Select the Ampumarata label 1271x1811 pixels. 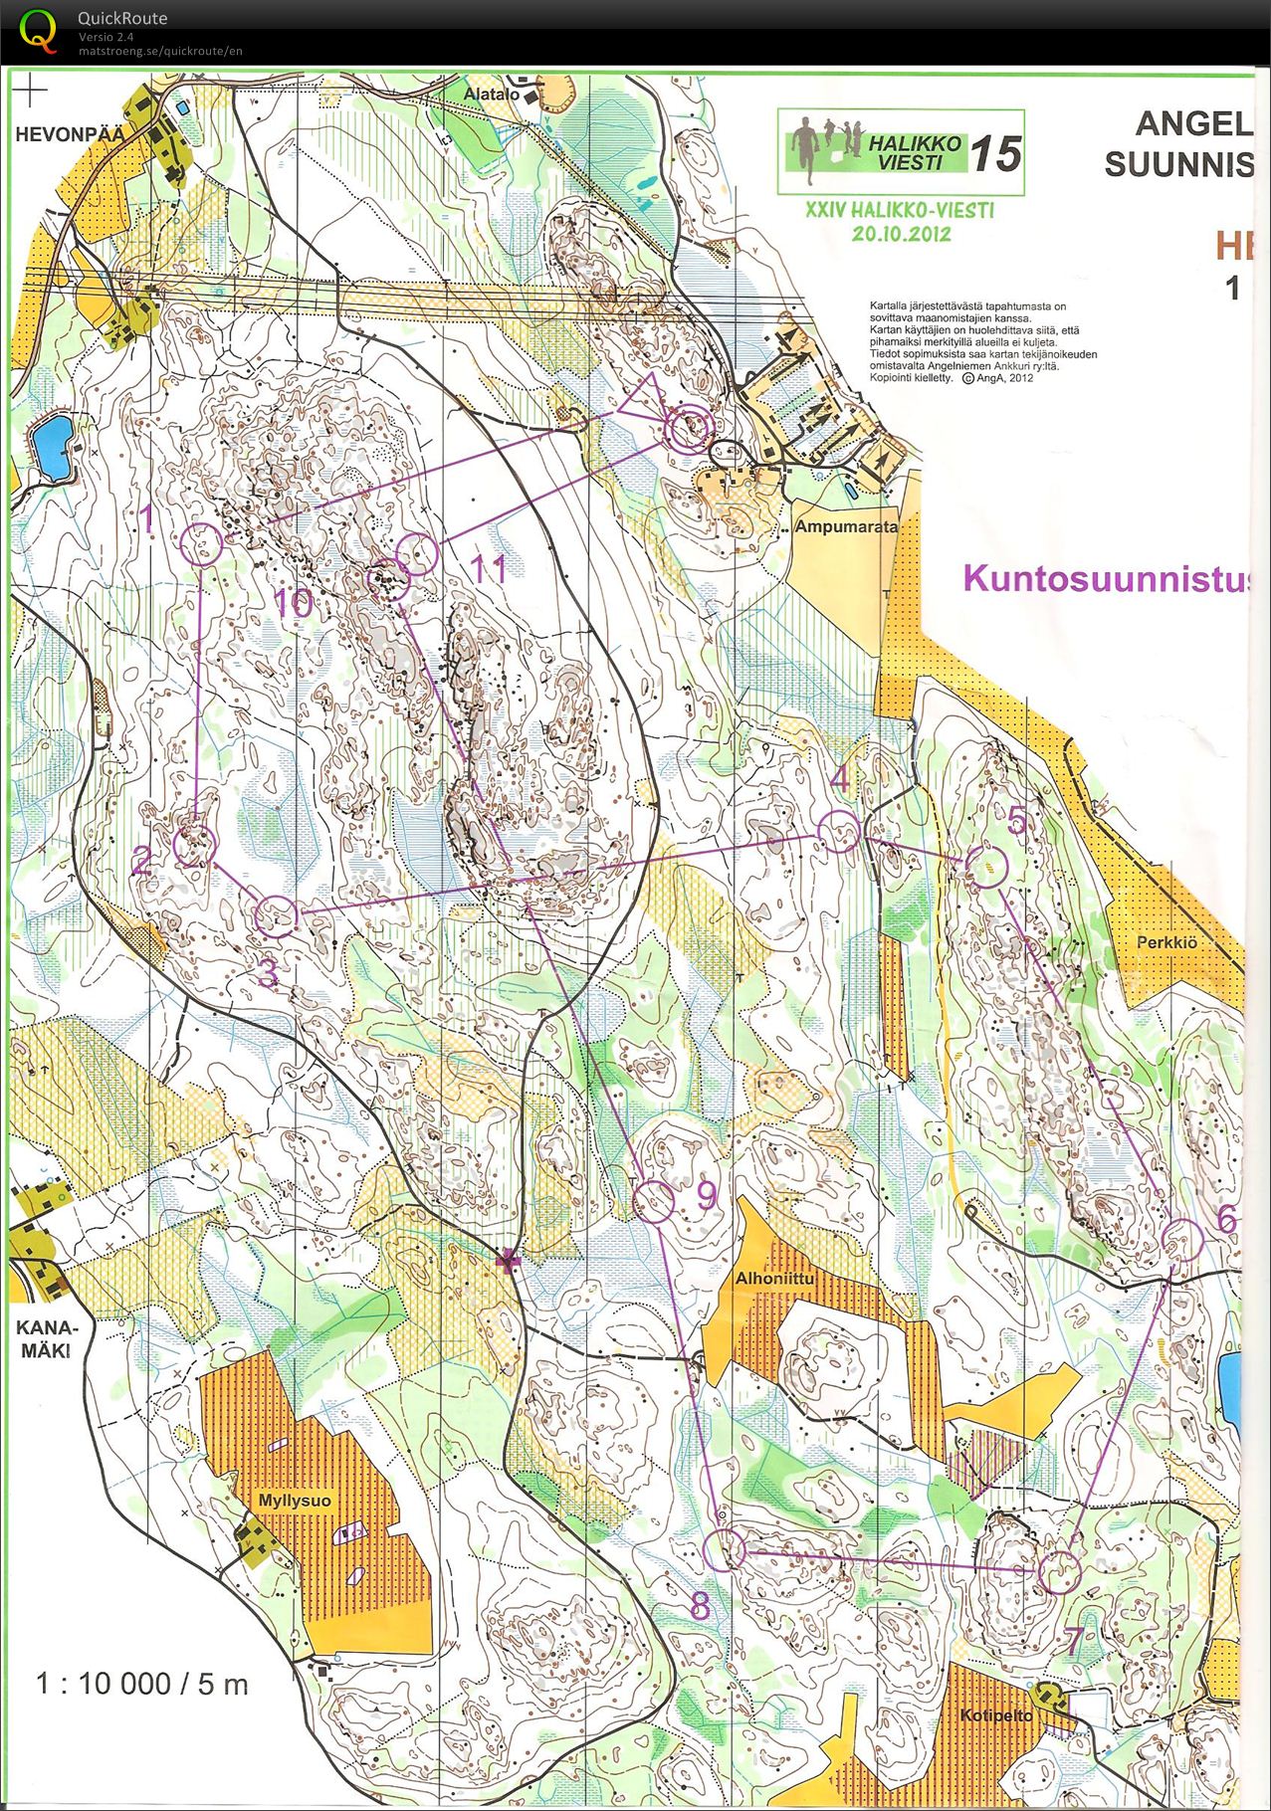(845, 526)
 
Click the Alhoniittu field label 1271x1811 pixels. (774, 1279)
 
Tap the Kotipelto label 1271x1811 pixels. (996, 1715)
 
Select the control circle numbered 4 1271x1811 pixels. (838, 831)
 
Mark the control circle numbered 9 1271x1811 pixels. (655, 1201)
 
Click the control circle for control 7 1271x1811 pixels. (1059, 1572)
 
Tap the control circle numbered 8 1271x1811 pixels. (725, 1549)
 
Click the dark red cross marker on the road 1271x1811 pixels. (509, 1263)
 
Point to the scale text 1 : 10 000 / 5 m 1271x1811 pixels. (142, 1685)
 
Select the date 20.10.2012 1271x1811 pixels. (901, 234)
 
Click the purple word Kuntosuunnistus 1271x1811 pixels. (1105, 578)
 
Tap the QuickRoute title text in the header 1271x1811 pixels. (121, 18)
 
